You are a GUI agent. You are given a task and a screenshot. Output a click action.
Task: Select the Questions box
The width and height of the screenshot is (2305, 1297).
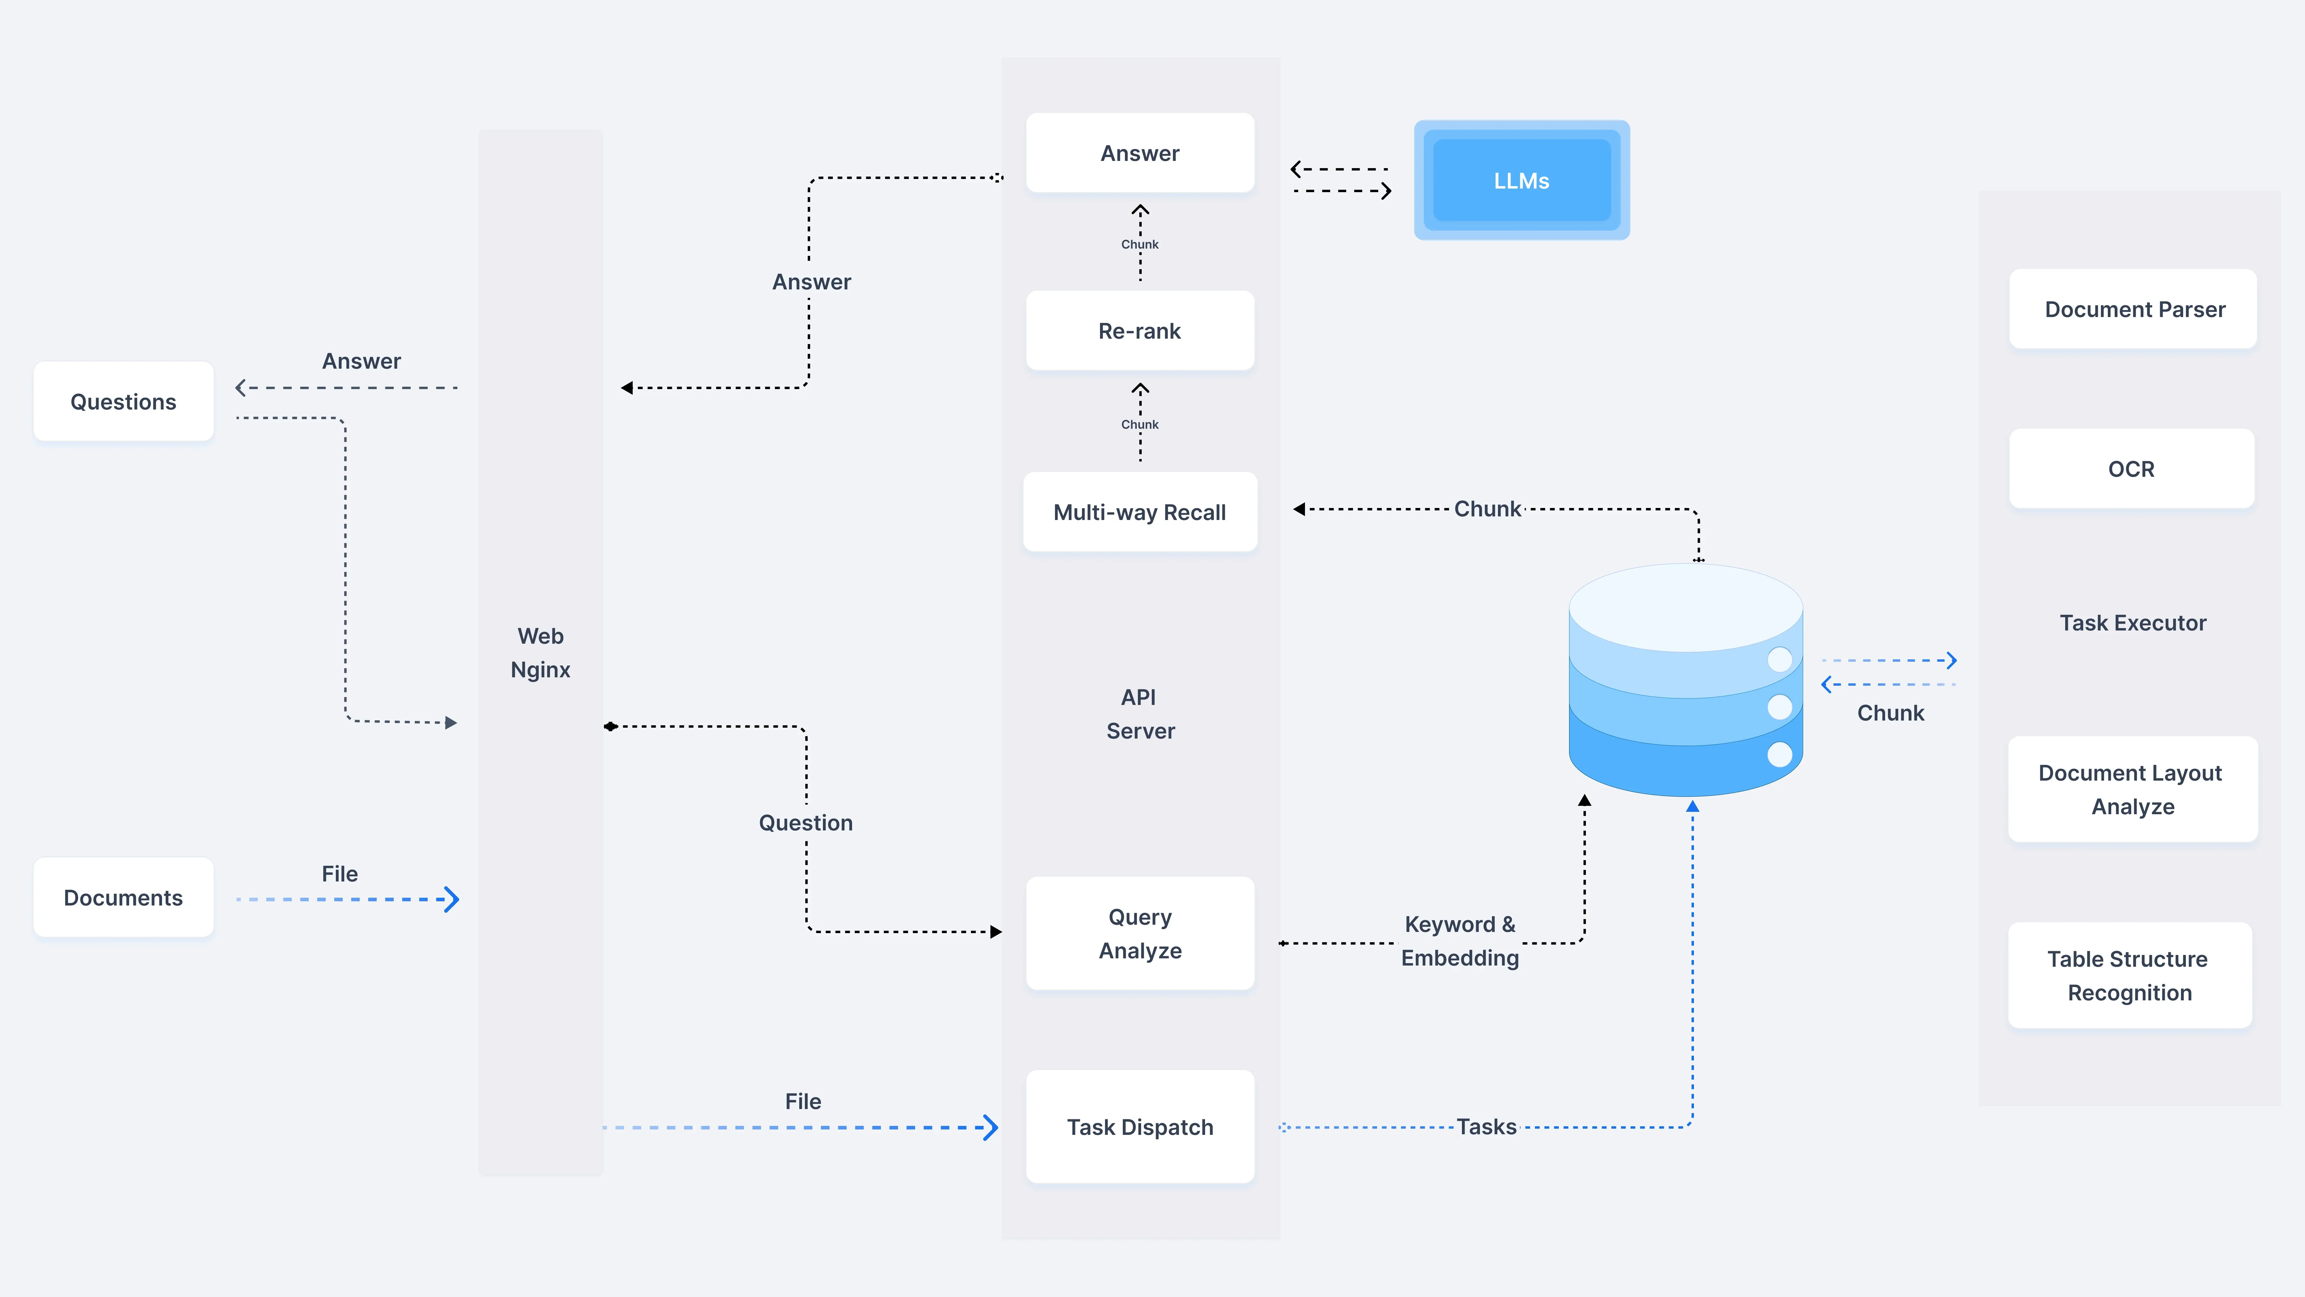(x=123, y=402)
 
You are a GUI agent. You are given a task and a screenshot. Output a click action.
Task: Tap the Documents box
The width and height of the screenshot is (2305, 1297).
(x=123, y=898)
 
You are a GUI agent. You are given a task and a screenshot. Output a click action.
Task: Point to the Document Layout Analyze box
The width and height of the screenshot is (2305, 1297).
(x=2132, y=790)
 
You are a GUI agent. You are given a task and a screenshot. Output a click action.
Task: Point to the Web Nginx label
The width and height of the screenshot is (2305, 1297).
(x=541, y=652)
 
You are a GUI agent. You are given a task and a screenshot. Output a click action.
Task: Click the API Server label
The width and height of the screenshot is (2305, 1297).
(x=1140, y=713)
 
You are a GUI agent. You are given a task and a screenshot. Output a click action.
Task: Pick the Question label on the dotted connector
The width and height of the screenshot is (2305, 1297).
(x=805, y=823)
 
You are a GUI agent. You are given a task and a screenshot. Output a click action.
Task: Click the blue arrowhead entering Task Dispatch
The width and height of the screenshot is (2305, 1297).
(x=990, y=1127)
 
